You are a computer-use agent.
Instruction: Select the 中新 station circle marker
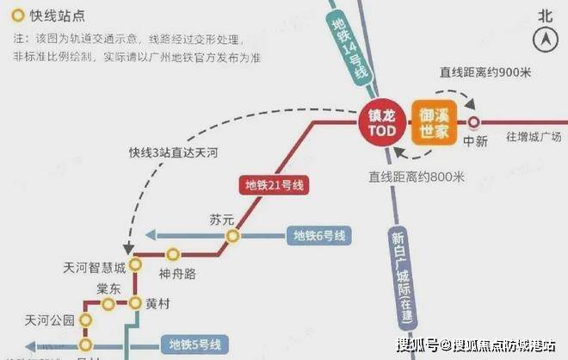tap(472, 122)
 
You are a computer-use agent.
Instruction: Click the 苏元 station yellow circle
tap(231, 236)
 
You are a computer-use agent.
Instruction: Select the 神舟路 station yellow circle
tap(173, 254)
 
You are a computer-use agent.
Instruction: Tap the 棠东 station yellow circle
tap(108, 304)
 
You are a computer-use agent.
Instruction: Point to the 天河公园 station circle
tap(86, 320)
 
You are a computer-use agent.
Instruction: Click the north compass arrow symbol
tap(544, 38)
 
